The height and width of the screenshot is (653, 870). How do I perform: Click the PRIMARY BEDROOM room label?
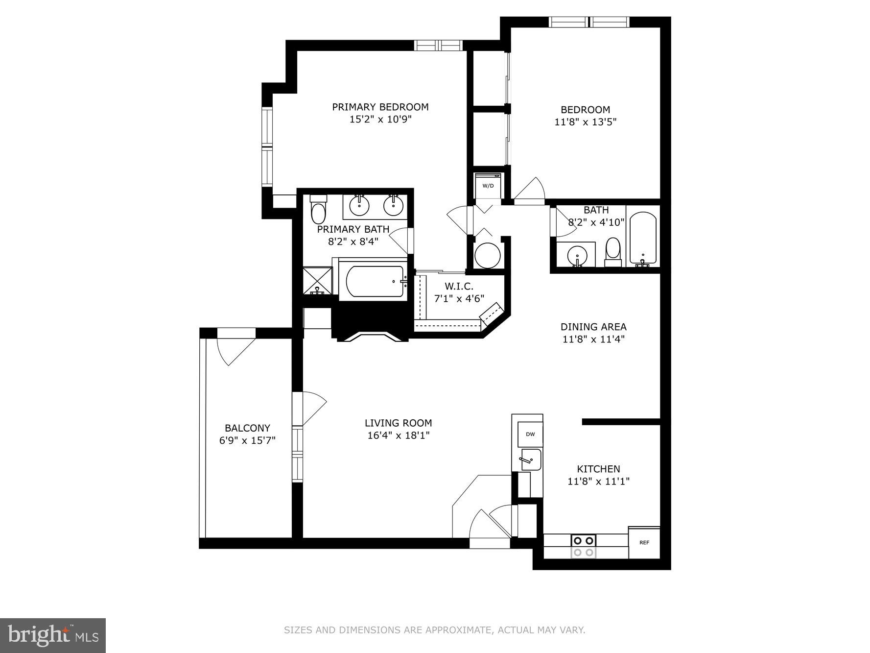[380, 107]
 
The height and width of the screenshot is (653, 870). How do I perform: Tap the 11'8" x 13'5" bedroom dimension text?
[585, 122]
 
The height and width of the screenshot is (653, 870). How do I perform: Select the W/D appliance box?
[488, 186]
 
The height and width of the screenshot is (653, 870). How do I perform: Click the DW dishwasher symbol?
[530, 434]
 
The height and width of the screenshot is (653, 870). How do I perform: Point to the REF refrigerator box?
[644, 543]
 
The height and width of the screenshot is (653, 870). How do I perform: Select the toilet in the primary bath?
[318, 211]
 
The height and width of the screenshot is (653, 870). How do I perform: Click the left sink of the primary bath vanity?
[359, 204]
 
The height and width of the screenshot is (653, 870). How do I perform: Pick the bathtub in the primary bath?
[375, 281]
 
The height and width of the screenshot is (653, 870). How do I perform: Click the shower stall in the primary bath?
[317, 281]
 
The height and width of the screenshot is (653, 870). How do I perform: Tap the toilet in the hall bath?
[613, 251]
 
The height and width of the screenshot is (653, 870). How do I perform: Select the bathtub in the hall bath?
[642, 239]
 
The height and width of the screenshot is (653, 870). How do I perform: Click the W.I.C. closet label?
[459, 287]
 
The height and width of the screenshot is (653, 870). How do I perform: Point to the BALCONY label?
[247, 428]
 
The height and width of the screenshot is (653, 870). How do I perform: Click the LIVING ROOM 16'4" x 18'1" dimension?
[398, 435]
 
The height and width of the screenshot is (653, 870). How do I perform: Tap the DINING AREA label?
[593, 327]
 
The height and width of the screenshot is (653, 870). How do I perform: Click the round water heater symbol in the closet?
[488, 255]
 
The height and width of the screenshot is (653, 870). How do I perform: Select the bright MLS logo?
[53, 635]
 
